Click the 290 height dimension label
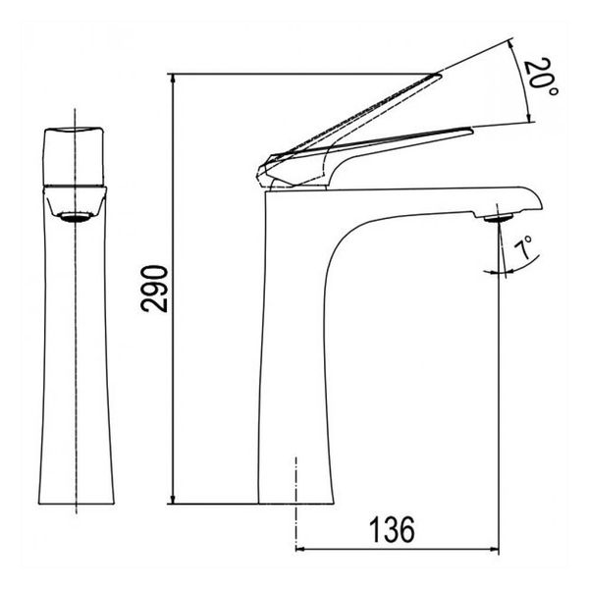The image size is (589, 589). pos(154,289)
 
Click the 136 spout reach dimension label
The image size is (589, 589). pos(392,530)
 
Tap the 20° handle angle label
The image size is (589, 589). pos(540,78)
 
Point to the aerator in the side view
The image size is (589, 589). pos(498,217)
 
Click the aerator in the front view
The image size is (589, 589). pos(77,217)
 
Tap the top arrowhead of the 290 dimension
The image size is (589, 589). pos(173,79)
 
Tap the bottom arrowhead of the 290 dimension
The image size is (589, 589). pos(173,499)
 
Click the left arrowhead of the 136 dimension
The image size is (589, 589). pos(300,549)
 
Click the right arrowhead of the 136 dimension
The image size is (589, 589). pos(495,549)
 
